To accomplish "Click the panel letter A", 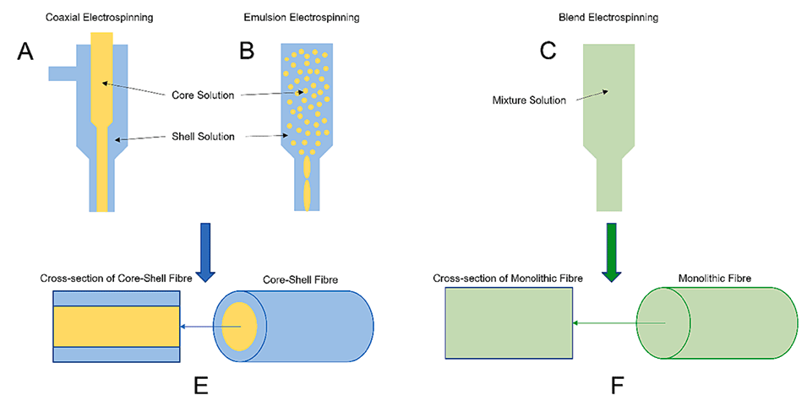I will [x=26, y=52].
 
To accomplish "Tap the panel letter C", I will [x=548, y=52].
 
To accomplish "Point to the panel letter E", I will [x=200, y=385].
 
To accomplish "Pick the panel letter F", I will [x=617, y=385].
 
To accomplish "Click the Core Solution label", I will [x=202, y=95].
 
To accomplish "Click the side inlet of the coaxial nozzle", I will [x=63, y=73].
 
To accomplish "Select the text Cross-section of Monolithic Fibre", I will [x=509, y=277].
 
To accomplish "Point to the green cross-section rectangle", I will [x=510, y=324].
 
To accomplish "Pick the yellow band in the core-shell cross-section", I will [x=117, y=326].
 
